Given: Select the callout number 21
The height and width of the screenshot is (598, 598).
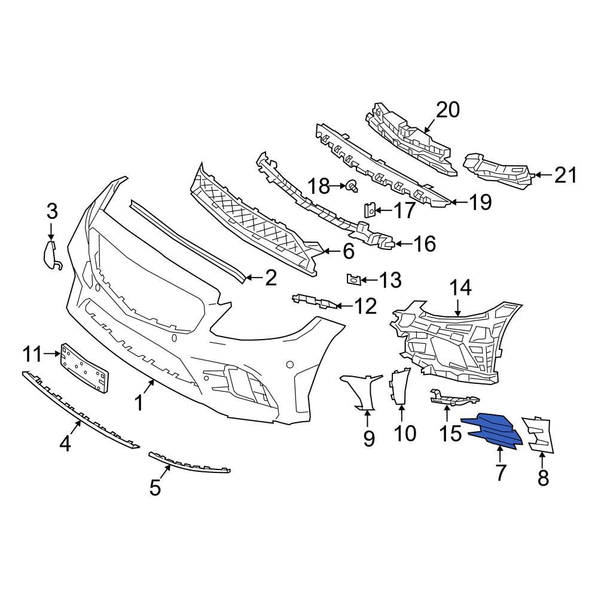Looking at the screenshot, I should coord(565,175).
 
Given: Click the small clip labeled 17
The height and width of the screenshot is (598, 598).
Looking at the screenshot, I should coord(370,210).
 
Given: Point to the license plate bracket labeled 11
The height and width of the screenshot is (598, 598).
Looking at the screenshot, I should coord(84,367).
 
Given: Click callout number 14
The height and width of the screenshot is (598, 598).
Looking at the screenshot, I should coord(460,288).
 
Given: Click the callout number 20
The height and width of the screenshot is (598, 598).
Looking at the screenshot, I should coord(447,110).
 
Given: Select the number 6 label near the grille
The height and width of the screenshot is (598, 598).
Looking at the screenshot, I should coord(348,251).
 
